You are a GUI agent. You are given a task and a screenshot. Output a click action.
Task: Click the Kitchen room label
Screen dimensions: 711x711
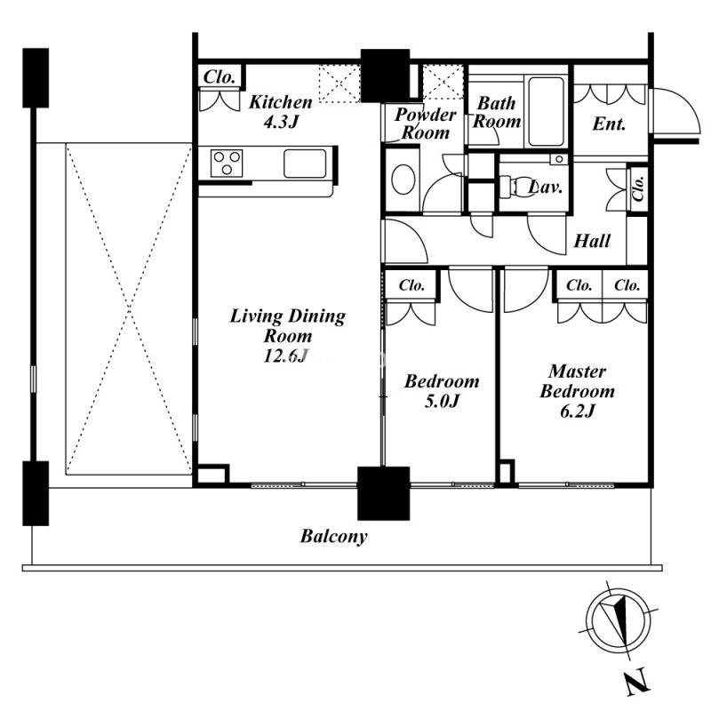[x=280, y=111]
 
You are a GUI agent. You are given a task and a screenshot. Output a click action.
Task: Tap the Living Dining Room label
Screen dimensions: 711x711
[x=287, y=336]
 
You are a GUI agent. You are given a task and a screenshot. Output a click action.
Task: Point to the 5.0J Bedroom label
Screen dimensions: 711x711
[x=442, y=391]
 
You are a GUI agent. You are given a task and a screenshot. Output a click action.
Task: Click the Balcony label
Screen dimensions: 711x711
[x=333, y=537]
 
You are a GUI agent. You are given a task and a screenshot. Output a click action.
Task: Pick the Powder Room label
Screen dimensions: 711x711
[x=425, y=124]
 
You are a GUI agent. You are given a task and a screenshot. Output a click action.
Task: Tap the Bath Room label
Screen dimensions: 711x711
[x=496, y=112]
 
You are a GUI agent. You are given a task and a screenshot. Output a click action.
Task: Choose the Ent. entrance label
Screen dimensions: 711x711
[x=609, y=124]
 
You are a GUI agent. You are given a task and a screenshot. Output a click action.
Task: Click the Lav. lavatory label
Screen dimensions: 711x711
[x=544, y=188]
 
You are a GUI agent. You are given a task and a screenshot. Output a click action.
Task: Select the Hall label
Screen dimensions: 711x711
[x=592, y=241]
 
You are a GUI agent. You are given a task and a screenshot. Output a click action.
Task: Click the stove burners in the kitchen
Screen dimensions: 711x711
[x=227, y=164]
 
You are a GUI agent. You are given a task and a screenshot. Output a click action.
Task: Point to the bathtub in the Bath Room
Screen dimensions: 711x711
[x=546, y=112]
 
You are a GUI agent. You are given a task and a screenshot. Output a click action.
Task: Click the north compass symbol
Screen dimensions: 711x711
[x=620, y=619]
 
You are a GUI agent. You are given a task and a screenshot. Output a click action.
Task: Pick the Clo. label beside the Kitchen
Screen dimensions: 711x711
[x=219, y=77]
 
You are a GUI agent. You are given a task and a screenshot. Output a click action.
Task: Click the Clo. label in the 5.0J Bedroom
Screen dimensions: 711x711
[x=411, y=286]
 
